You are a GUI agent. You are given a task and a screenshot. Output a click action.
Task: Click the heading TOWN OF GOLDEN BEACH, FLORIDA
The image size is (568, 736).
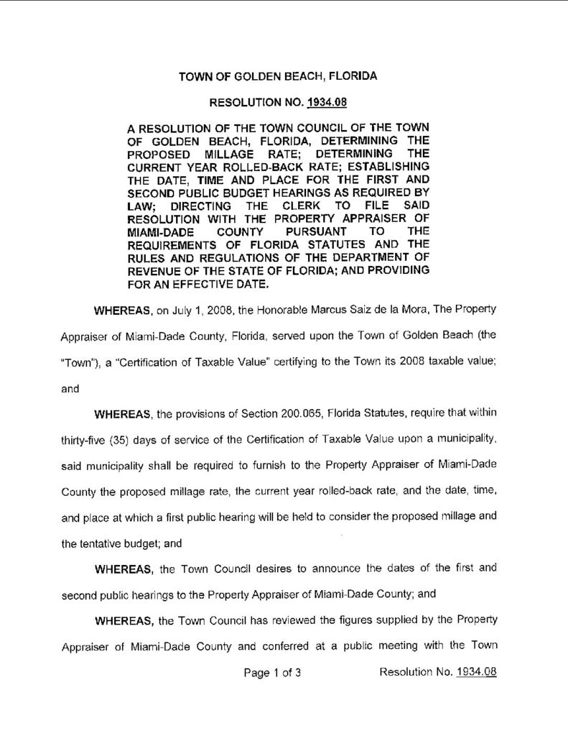pos(278,75)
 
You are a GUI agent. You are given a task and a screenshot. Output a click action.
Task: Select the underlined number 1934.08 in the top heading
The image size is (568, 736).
pos(327,103)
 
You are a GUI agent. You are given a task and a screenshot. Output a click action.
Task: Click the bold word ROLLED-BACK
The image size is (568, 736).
pos(266,166)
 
